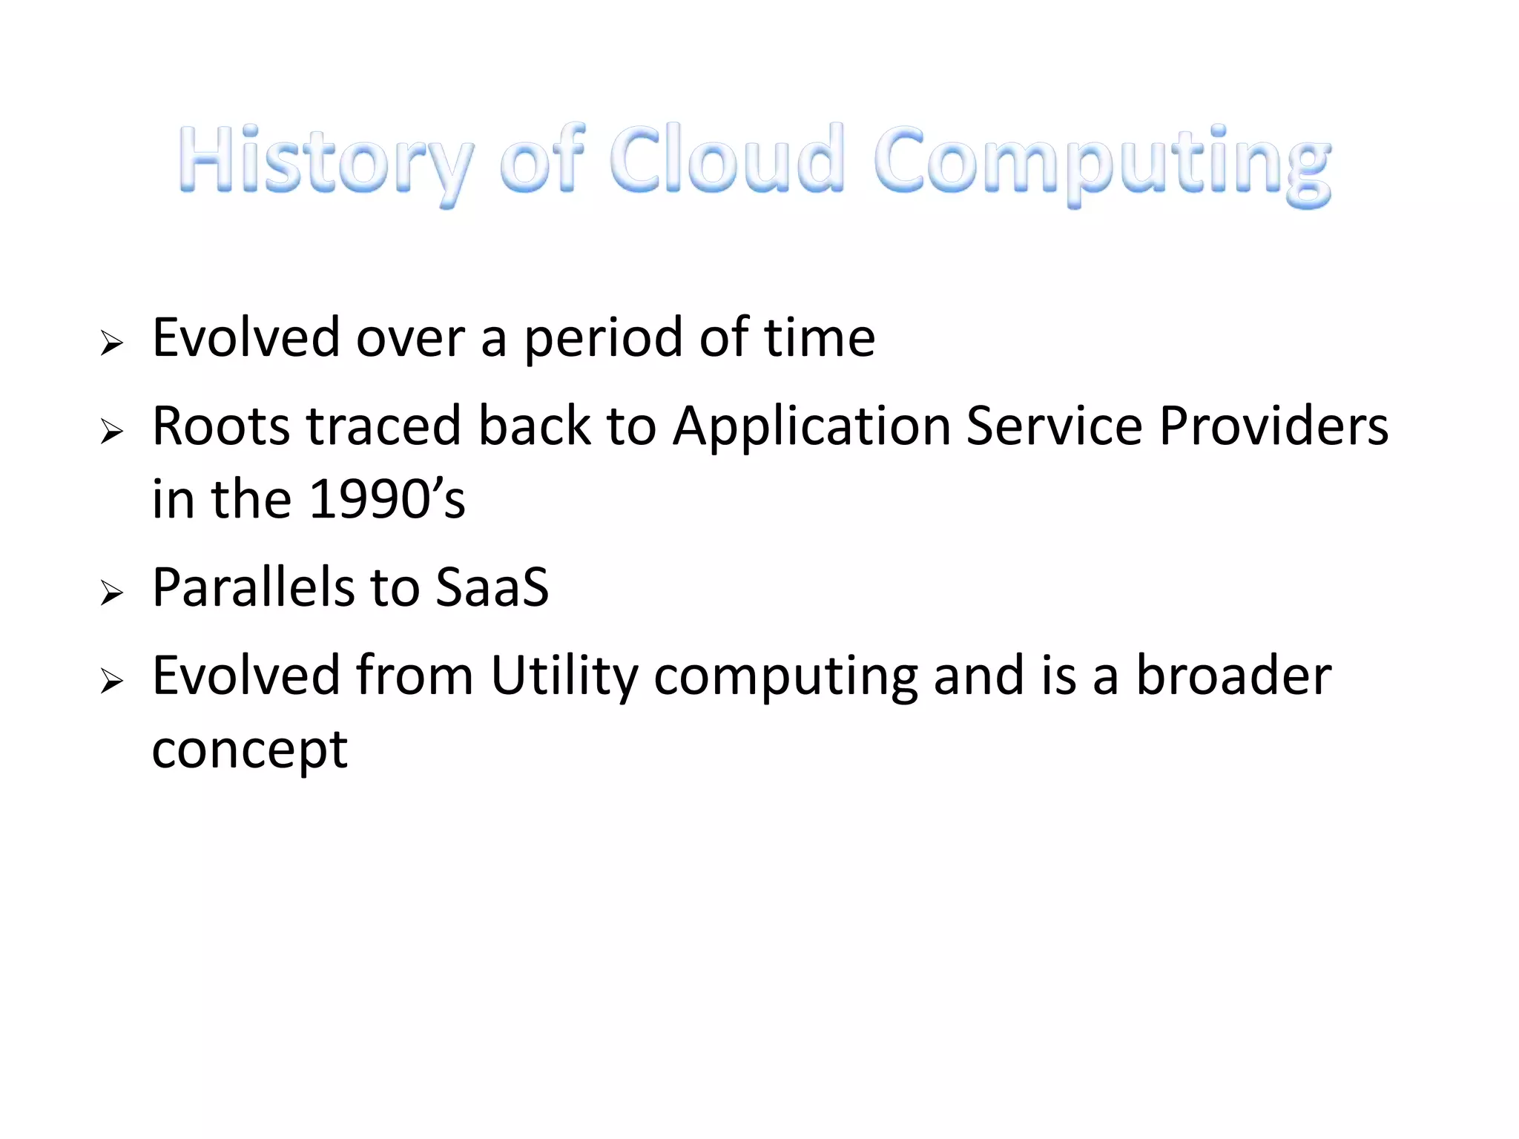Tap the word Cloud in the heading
click(726, 159)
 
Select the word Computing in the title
click(1102, 163)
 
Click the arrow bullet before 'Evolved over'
click(112, 343)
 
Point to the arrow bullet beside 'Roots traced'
click(112, 431)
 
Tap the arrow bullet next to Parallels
click(112, 592)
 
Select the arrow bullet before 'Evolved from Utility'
click(112, 680)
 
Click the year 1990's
click(386, 499)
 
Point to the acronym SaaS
click(492, 587)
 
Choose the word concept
click(249, 750)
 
